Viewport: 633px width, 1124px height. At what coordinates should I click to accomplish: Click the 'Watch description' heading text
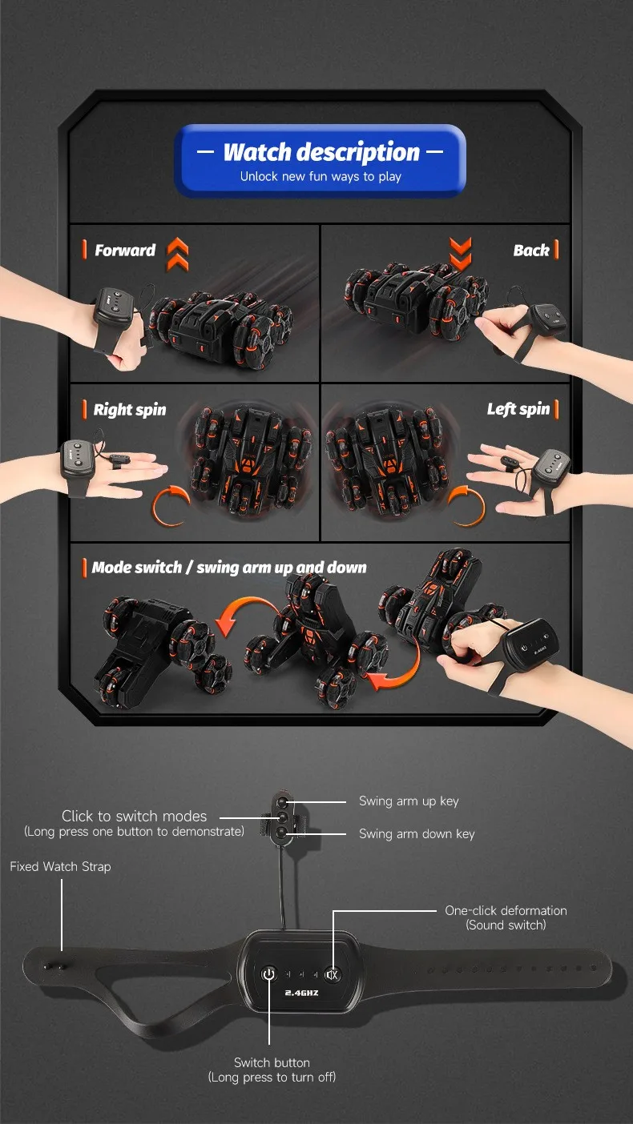[321, 152]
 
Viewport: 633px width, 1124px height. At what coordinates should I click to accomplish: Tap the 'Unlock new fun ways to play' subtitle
[321, 177]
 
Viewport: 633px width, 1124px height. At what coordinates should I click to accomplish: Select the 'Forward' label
[125, 250]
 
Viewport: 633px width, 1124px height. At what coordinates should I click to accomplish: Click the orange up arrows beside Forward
[178, 254]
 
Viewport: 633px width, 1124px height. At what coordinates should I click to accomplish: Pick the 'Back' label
[531, 250]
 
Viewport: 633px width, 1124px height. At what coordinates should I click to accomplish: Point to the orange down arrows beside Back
[460, 254]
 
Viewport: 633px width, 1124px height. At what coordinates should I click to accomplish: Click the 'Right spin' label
[130, 409]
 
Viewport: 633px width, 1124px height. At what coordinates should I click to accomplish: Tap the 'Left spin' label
[518, 409]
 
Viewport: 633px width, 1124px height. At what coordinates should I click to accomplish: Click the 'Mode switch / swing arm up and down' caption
[229, 568]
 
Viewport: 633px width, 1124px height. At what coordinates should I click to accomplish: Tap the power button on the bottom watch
[269, 974]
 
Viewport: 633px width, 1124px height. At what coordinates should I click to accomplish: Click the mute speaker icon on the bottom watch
[332, 974]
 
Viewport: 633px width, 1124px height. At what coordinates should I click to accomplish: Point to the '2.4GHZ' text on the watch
[301, 993]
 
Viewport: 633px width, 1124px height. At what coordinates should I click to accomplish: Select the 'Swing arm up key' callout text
[409, 801]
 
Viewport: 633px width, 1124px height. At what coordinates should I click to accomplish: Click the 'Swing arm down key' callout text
[417, 834]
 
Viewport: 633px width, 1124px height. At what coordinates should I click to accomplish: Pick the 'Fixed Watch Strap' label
[60, 866]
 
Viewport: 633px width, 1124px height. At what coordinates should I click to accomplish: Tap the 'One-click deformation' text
[506, 910]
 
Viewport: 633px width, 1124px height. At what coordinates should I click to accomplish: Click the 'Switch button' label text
[272, 1062]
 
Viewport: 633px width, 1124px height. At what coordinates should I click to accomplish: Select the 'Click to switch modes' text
[134, 816]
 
